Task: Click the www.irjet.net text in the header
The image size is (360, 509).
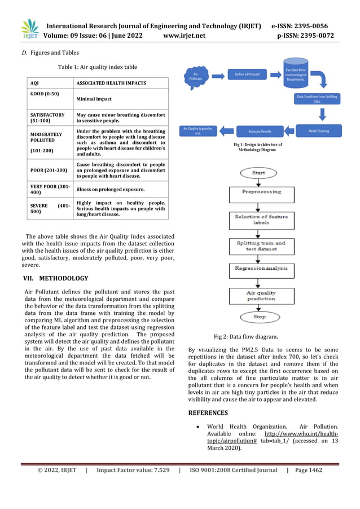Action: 183,36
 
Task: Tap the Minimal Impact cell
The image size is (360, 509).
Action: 94,99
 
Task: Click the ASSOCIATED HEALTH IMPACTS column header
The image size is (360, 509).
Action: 111,83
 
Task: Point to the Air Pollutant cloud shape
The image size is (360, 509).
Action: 195,77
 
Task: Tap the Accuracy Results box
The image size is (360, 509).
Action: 260,131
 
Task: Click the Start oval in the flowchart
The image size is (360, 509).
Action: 258,172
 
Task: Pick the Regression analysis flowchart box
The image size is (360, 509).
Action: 261,269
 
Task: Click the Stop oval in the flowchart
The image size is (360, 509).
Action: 259,317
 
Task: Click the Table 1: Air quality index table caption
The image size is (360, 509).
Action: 97,67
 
